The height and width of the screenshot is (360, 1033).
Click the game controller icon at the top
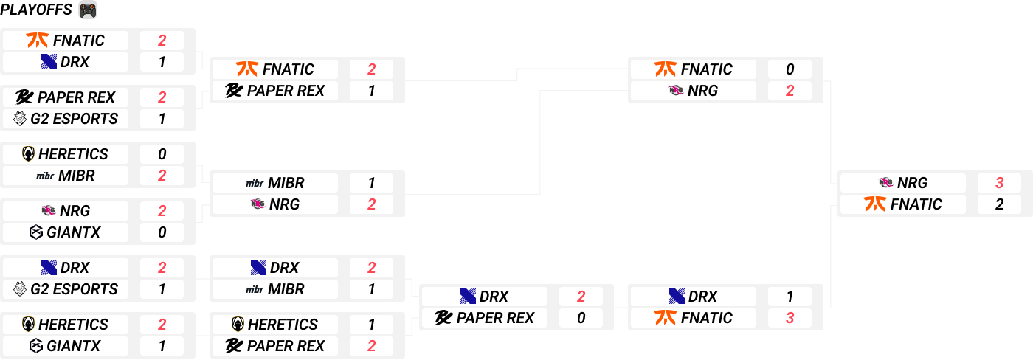click(x=88, y=10)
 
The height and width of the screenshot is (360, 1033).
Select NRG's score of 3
click(x=999, y=183)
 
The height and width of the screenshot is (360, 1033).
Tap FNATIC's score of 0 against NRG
click(x=790, y=69)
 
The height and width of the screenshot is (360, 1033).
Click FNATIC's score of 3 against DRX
click(x=790, y=318)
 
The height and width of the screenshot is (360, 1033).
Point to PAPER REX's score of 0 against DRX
click(x=581, y=318)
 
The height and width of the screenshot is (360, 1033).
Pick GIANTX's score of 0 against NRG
click(x=162, y=232)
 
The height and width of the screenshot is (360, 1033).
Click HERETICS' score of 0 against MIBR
click(x=162, y=154)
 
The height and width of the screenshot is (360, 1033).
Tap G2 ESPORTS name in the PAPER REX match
click(x=75, y=119)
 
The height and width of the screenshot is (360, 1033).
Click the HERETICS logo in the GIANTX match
click(x=28, y=325)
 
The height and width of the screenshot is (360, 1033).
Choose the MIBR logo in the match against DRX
click(x=254, y=289)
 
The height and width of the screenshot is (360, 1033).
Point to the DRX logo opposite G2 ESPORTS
click(x=49, y=268)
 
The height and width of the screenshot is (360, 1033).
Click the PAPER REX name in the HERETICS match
click(x=286, y=346)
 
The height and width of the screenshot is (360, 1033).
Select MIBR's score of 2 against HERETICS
click(x=162, y=176)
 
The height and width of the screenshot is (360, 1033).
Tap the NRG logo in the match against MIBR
click(x=258, y=204)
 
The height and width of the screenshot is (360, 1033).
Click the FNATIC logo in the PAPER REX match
click(x=246, y=69)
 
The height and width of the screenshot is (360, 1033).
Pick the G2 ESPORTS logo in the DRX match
click(x=20, y=289)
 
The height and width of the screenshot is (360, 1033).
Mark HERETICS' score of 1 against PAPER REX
click(x=371, y=325)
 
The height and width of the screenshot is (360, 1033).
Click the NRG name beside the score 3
click(x=913, y=183)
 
